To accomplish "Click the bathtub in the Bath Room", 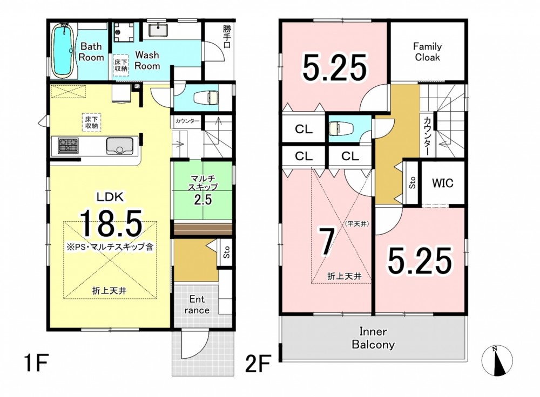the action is pyautogui.click(x=63, y=50).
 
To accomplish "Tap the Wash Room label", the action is pyautogui.click(x=147, y=60).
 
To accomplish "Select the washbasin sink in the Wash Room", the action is pyautogui.click(x=158, y=31).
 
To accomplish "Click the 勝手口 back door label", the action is pyautogui.click(x=227, y=36).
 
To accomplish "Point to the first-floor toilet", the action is pyautogui.click(x=206, y=97).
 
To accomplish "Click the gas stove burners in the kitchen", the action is pyautogui.click(x=68, y=145).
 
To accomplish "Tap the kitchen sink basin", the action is pyautogui.click(x=120, y=146).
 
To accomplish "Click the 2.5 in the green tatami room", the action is pyautogui.click(x=203, y=200).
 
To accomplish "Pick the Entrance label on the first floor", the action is pyautogui.click(x=197, y=304).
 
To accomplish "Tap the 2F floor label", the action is pyautogui.click(x=257, y=364).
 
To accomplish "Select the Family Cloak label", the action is pyautogui.click(x=427, y=52).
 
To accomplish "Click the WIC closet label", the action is pyautogui.click(x=443, y=183).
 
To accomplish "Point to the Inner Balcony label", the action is pyautogui.click(x=373, y=338).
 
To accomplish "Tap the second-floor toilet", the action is pyautogui.click(x=340, y=129).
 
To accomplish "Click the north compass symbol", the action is pyautogui.click(x=497, y=360).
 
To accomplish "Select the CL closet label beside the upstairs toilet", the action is pyautogui.click(x=303, y=129).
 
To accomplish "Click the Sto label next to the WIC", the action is pyautogui.click(x=412, y=183).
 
